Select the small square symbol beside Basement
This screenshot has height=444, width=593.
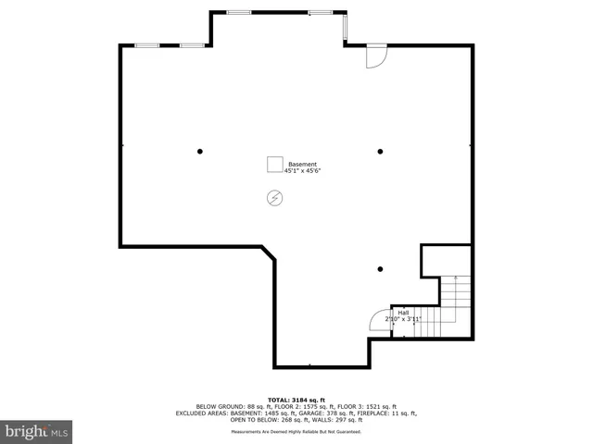[275, 165]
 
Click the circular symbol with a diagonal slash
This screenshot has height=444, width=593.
[274, 197]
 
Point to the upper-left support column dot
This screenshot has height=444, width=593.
[199, 151]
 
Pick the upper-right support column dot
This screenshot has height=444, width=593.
[380, 151]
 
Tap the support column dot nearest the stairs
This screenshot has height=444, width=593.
[380, 269]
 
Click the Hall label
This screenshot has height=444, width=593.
[403, 313]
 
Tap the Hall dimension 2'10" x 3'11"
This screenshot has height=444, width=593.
[403, 320]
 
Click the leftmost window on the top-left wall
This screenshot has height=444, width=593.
[147, 44]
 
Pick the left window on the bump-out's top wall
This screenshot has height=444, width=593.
[239, 12]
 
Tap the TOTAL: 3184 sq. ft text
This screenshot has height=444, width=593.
[296, 399]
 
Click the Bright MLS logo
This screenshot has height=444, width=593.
[36, 431]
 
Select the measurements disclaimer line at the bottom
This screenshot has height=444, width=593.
[296, 432]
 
